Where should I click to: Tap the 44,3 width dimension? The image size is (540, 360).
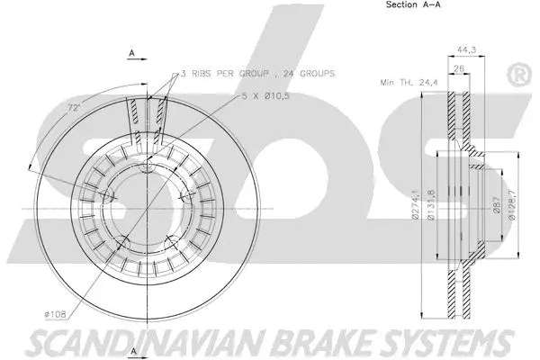tap(465, 50)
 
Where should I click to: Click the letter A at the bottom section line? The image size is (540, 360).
tap(132, 349)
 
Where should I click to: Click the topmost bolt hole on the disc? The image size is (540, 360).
tap(147, 164)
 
